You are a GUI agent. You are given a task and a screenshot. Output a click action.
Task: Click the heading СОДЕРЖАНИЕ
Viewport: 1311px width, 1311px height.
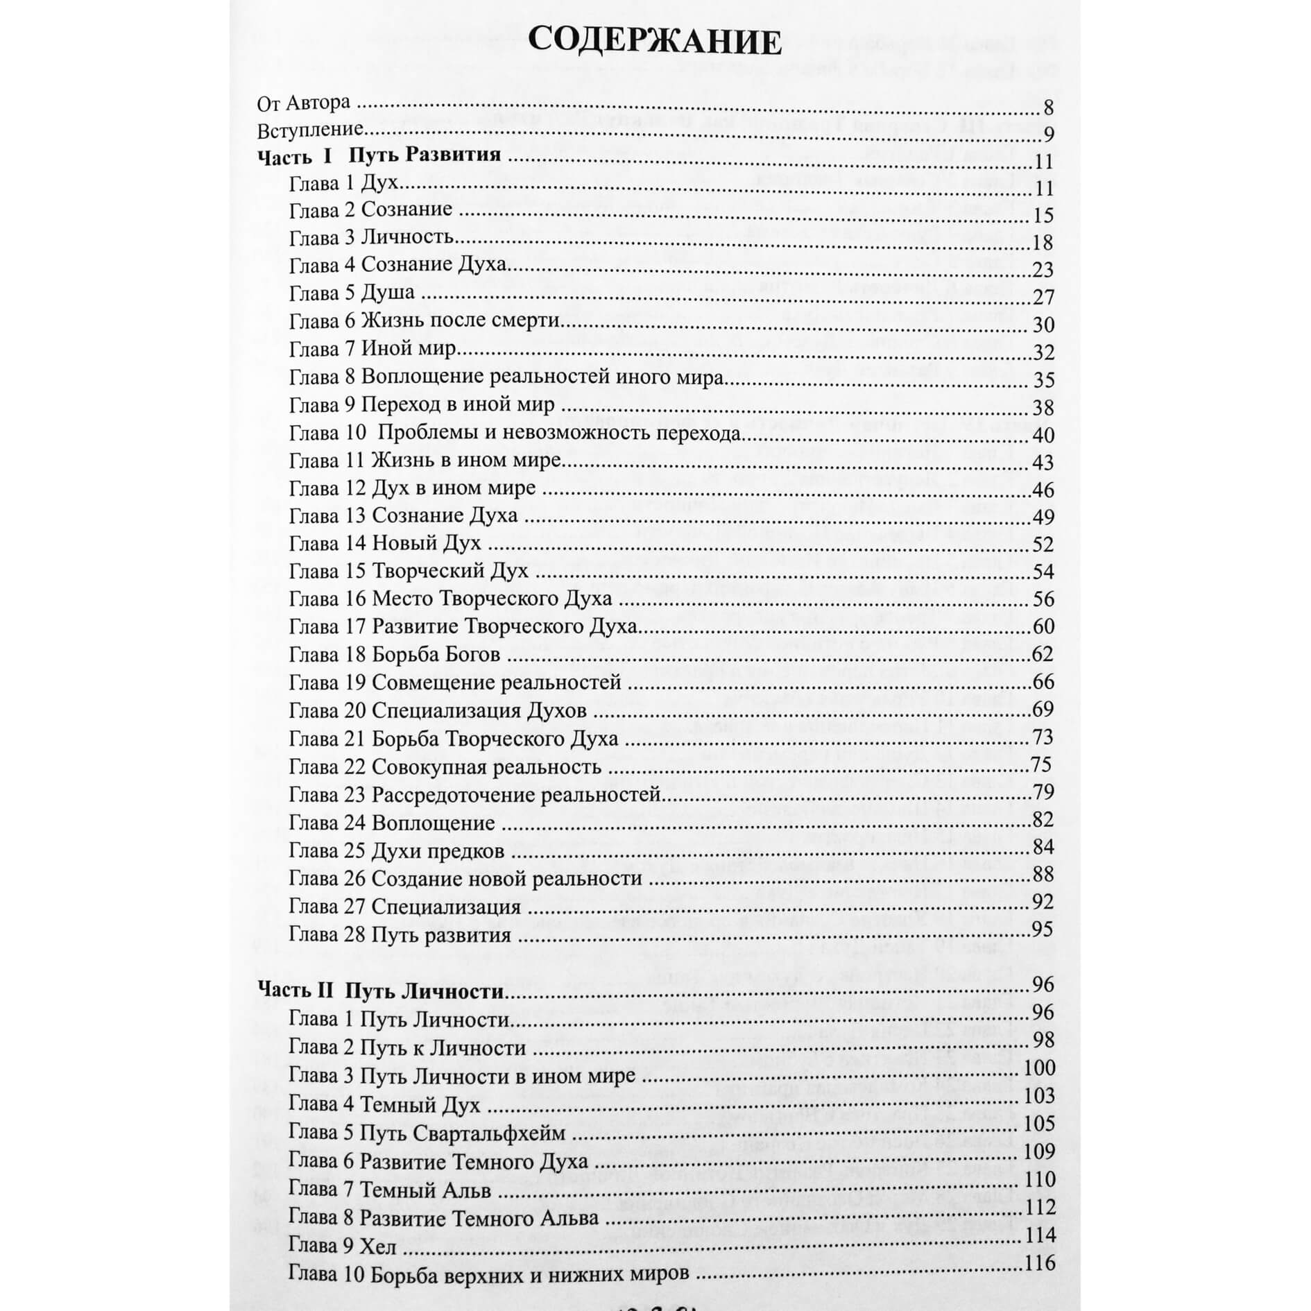(x=654, y=42)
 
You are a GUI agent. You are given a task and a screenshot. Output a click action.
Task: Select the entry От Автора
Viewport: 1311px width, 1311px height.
(x=303, y=103)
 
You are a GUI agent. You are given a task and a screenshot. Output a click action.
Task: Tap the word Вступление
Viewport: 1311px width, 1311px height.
(x=310, y=130)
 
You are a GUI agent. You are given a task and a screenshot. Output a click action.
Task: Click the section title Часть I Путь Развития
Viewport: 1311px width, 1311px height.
(x=379, y=155)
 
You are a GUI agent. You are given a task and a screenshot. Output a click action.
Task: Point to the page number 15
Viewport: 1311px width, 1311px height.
(x=1043, y=216)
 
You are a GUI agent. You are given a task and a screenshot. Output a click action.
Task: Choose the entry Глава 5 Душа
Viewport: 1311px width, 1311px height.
(x=352, y=293)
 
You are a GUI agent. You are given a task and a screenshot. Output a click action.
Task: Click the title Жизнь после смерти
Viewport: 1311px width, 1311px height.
(x=461, y=320)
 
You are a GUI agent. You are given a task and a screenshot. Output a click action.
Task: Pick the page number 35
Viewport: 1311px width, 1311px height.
(x=1043, y=380)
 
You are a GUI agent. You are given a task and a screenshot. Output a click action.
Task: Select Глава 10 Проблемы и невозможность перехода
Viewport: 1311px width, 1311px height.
(x=515, y=434)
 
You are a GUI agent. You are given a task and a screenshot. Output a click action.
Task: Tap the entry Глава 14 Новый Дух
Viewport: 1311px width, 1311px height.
(x=385, y=543)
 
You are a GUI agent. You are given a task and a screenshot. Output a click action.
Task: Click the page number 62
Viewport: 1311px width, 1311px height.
(x=1043, y=654)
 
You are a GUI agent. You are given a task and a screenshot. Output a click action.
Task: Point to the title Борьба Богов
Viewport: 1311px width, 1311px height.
(x=436, y=654)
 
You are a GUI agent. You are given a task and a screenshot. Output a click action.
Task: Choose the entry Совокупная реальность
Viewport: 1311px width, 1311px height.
(x=486, y=767)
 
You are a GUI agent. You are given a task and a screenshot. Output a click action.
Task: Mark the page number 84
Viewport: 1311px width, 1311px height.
(x=1043, y=847)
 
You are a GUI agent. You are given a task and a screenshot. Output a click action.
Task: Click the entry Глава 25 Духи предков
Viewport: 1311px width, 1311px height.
(x=396, y=851)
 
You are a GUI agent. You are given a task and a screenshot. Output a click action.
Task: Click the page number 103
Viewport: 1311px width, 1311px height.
(x=1039, y=1096)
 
